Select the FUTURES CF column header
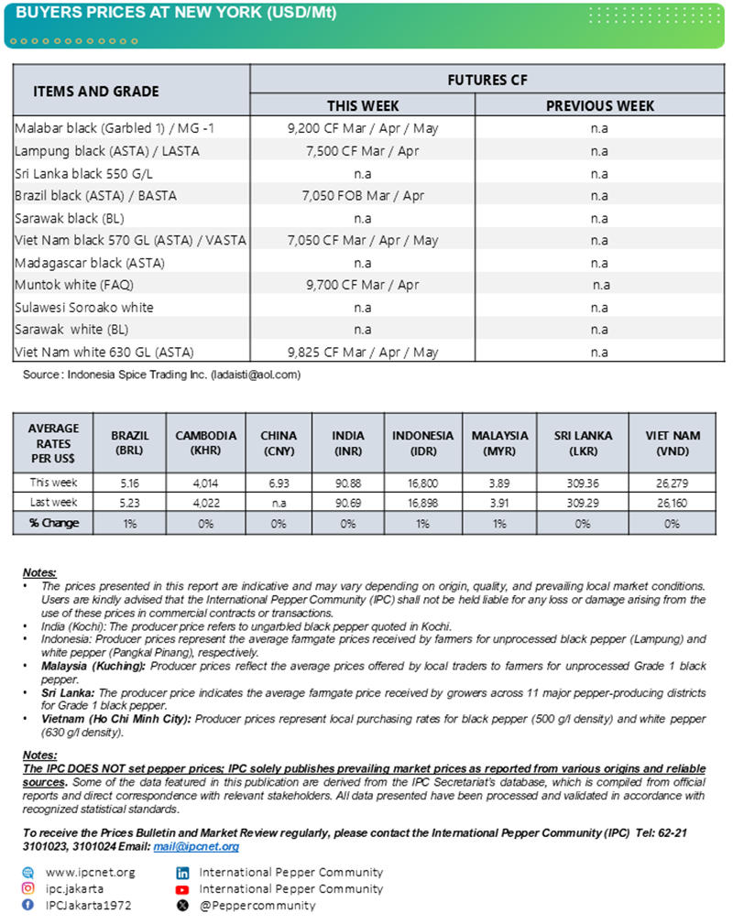pos(487,80)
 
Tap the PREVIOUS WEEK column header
pos(599,105)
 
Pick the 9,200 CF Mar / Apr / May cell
pos(363,128)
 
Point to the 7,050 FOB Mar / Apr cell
pos(363,195)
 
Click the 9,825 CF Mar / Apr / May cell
pos(363,352)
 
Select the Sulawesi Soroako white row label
pos(84,308)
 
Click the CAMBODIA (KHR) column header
pos(205,443)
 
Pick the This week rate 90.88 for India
pos(348,483)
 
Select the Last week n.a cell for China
pos(279,503)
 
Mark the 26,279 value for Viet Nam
pos(673,483)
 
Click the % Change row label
pos(53,523)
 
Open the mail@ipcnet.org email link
pos(196,847)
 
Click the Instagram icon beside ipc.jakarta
pos(28,888)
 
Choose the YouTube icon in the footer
pos(182,888)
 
